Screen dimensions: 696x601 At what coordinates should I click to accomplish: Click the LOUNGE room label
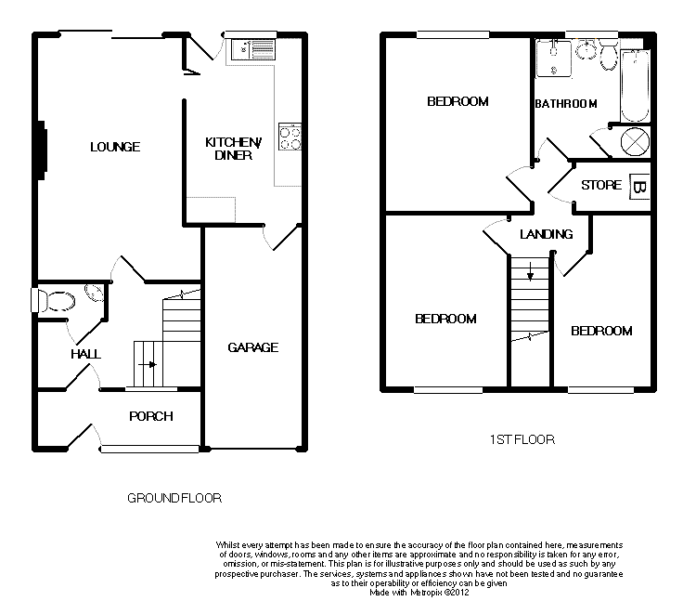pos(115,147)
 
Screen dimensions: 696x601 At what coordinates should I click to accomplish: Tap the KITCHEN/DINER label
pos(234,149)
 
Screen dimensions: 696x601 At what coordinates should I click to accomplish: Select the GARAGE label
pos(253,347)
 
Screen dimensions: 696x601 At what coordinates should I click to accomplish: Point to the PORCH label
pos(151,416)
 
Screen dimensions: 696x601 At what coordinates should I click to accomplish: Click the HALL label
pos(85,354)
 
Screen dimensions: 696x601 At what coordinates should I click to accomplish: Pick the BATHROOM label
pos(566,104)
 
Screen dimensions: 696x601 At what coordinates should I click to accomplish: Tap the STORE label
pos(601,185)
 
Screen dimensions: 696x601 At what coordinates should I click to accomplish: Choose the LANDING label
pos(547,234)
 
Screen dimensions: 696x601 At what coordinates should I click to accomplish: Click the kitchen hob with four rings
pos(290,137)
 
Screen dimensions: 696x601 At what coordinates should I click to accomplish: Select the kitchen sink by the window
pos(253,49)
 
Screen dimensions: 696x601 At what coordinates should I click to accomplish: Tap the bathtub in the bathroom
pos(635,85)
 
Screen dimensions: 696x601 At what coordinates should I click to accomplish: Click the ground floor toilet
pos(54,301)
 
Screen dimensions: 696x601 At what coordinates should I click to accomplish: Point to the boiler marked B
pos(639,187)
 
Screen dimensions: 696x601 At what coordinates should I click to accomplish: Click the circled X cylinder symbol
pos(635,142)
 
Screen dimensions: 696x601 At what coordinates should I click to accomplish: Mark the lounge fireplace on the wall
pos(43,150)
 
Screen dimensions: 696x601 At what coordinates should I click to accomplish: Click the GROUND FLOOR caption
pos(174,499)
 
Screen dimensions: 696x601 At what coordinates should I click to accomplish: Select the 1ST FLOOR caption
pos(522,439)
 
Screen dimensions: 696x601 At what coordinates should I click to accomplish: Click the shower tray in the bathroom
pos(553,59)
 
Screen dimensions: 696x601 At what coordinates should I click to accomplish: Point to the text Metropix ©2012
pos(440,593)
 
